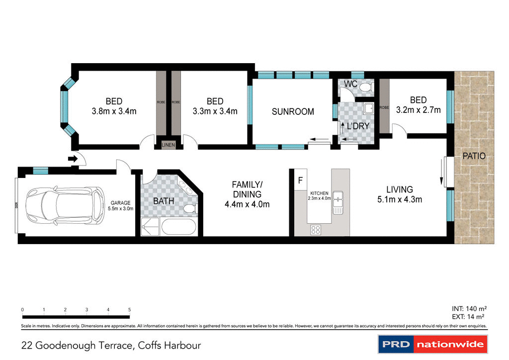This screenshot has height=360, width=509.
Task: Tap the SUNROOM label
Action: [x=293, y=112]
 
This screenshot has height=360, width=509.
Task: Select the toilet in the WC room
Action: [x=366, y=88]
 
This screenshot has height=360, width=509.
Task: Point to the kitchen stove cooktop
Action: [x=316, y=229]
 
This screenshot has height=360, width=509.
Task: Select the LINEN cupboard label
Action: [x=169, y=145]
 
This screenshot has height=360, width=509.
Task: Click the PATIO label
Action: [x=474, y=156]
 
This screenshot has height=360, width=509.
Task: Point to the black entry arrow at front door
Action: [x=73, y=159]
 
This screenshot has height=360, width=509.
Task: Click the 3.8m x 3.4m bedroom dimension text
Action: [x=114, y=111]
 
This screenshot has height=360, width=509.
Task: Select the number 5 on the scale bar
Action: [x=130, y=310]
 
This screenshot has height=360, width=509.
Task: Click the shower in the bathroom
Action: [x=151, y=227]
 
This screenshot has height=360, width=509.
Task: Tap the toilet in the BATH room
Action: [x=189, y=208]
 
